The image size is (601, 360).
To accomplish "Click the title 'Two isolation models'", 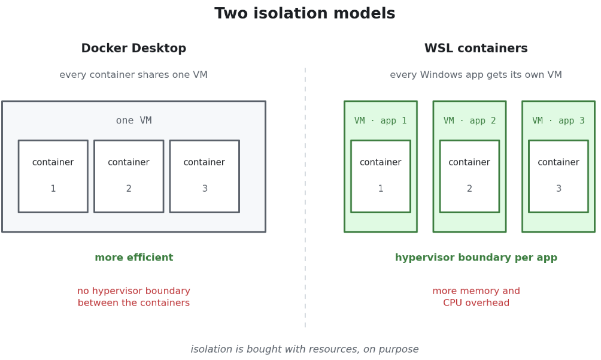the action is pos(305,13).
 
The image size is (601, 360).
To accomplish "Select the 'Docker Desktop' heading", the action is pos(133,49).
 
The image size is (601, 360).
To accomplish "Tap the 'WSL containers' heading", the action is pos(476,49).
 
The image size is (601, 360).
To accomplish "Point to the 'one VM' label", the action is pos(133,120).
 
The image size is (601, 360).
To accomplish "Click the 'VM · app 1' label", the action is pos(381,121).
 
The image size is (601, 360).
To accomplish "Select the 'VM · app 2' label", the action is pos(469,121).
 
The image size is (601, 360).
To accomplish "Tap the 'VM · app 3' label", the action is pos(558,121).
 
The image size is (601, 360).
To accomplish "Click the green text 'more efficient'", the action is pos(133,257).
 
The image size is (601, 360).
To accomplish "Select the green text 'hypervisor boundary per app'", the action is pos(476,258).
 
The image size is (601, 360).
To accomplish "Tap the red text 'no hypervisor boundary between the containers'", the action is pos(133,297).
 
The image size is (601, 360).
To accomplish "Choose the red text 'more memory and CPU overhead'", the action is pos(476,297).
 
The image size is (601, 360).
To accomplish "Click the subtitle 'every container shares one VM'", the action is pos(133,75).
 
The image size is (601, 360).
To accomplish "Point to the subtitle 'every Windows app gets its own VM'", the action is pos(476,75).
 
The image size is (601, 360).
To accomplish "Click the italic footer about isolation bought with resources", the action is pos(305,349).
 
